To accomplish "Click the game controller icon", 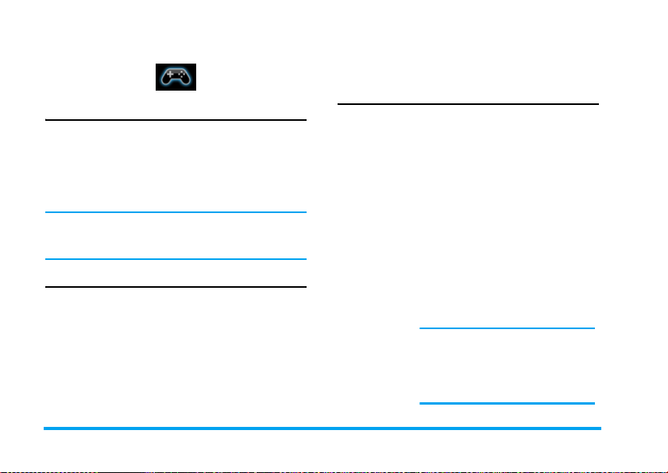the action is (x=176, y=76).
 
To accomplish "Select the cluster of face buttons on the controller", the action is (x=183, y=74).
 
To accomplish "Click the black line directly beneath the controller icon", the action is (x=175, y=121).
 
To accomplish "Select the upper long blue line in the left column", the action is (x=175, y=212).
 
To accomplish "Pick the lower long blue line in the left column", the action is (x=175, y=259).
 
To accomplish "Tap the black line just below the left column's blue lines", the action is (x=175, y=287).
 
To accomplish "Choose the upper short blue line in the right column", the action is (x=507, y=328).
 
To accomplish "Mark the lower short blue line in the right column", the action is (x=507, y=403).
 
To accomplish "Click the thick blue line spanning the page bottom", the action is (x=322, y=429).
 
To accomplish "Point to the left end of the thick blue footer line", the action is (x=45, y=429).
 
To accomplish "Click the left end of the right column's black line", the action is (x=339, y=104).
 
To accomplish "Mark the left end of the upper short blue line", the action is (x=420, y=328).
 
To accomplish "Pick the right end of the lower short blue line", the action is (x=593, y=403).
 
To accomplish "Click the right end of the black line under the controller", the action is (x=304, y=121).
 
